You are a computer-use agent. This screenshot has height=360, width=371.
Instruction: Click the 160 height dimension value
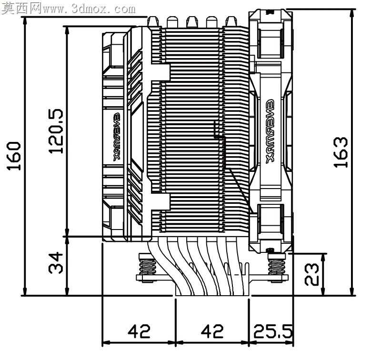click(14, 156)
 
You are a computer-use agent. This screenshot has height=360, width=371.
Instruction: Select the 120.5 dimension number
click(56, 131)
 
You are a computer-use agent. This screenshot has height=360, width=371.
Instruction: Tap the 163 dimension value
click(341, 152)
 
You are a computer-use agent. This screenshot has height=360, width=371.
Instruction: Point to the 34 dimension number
click(56, 263)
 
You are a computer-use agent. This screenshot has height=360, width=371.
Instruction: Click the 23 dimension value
click(311, 274)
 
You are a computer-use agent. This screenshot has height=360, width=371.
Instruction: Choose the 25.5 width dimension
click(273, 331)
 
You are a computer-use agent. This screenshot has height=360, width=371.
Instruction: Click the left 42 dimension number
click(139, 331)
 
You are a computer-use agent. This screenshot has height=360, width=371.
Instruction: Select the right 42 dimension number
click(212, 331)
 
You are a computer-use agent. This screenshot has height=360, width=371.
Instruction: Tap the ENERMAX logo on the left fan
click(117, 137)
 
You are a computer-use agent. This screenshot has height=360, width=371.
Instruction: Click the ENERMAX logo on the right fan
click(270, 131)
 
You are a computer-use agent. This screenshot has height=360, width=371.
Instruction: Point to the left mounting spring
click(148, 267)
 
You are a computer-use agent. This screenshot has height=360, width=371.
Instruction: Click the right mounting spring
click(276, 267)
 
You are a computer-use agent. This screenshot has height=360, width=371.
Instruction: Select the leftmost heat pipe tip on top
click(153, 21)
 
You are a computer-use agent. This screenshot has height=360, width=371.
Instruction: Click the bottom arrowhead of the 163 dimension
click(352, 291)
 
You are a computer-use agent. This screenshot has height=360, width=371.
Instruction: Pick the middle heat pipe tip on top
click(192, 21)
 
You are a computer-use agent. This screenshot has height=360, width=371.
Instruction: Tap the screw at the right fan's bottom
click(270, 250)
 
